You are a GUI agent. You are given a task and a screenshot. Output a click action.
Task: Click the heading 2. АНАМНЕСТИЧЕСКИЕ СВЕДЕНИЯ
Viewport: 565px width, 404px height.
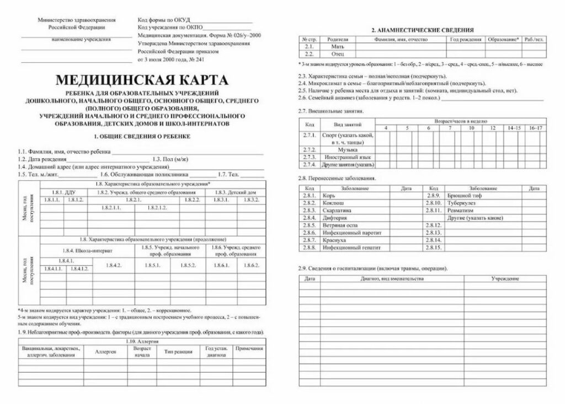pos(423,30)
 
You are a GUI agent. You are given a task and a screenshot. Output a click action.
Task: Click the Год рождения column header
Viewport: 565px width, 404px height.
pos(465,40)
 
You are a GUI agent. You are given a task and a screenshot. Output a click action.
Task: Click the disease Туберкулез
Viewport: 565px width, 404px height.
pos(462,203)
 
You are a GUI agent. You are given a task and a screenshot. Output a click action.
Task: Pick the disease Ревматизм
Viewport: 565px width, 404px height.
pos(461,211)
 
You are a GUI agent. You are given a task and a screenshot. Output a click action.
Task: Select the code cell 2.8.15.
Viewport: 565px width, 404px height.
pos(433,248)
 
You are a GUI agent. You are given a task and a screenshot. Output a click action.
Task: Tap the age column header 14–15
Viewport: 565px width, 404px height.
pos(514,128)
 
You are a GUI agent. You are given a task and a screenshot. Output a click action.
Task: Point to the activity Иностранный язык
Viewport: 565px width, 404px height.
pos(347,157)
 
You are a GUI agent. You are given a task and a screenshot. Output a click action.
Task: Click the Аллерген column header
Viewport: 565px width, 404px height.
pos(105,352)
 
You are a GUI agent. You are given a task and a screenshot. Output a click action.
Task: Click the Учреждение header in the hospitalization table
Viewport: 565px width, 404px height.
pos(504,279)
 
